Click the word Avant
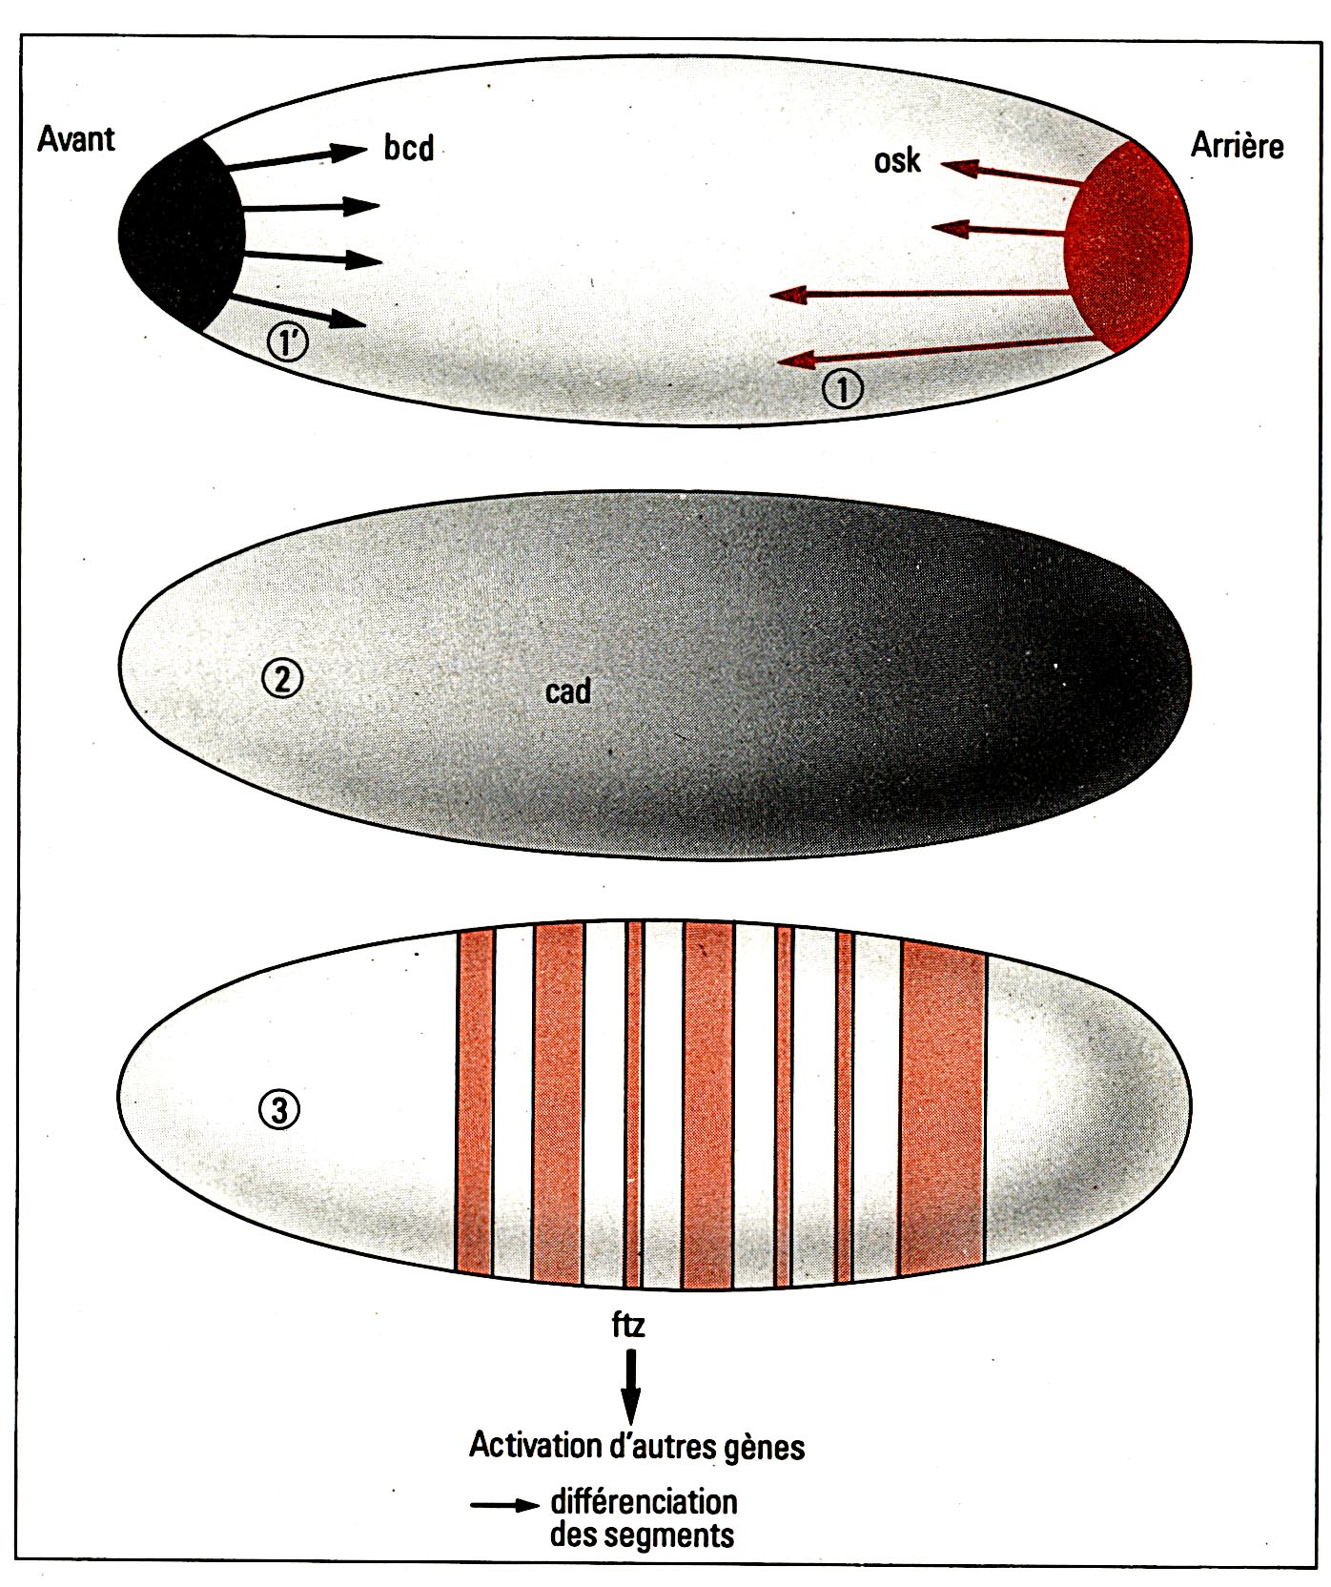[x=75, y=139]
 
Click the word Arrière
[x=1237, y=145]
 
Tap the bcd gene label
[x=409, y=148]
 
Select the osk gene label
[x=897, y=160]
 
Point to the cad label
[x=568, y=690]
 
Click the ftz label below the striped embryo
[x=628, y=1325]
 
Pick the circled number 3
[x=279, y=1109]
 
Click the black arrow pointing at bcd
[x=296, y=158]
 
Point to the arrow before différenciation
[x=504, y=1506]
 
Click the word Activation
[x=534, y=1445]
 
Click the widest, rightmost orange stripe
[x=942, y=1106]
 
